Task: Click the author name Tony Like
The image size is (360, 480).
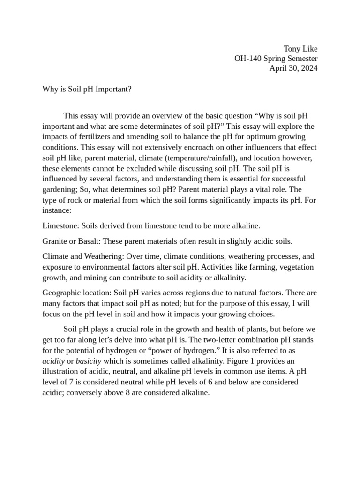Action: coord(301,49)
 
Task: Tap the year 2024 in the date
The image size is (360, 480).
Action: coord(308,68)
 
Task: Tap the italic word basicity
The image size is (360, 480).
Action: coord(88,361)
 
